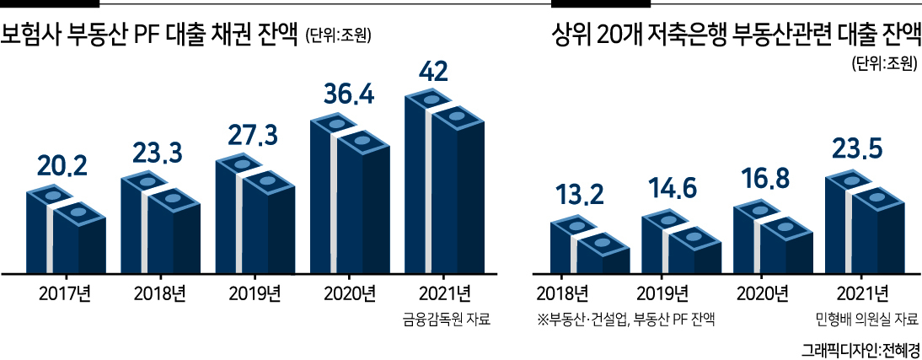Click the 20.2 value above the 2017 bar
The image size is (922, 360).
62,167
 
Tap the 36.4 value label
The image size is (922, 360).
350,94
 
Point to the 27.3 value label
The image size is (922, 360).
254,139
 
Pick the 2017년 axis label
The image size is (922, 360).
64,293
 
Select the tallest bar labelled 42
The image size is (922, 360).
444,181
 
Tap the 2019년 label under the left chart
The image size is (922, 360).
254,293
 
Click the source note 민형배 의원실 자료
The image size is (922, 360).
866,320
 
